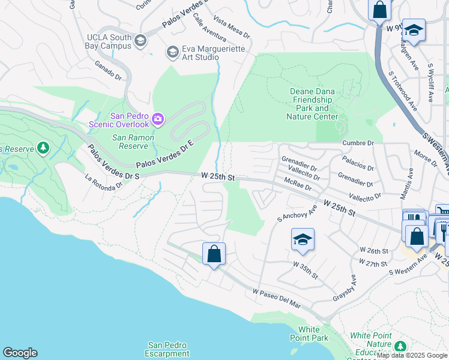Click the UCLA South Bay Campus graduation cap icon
[140, 41]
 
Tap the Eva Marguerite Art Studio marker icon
[173, 53]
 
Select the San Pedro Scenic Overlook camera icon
[158, 119]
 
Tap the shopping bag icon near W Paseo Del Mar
[214, 254]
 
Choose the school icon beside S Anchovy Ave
[303, 239]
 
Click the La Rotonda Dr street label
[105, 181]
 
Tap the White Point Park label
[313, 334]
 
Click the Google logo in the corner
[20, 353]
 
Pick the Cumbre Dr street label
[358, 143]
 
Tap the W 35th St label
[306, 269]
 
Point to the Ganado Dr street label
[108, 70]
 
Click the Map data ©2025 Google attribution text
[412, 356]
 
